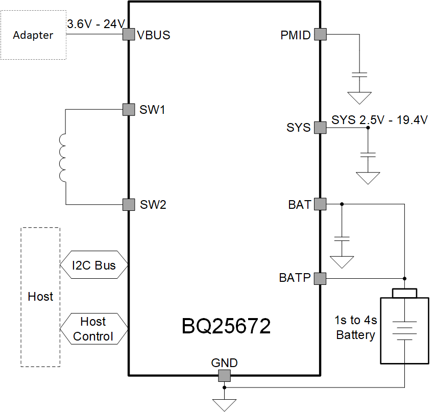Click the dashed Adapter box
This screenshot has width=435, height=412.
(33, 35)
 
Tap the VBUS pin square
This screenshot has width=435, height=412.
(128, 35)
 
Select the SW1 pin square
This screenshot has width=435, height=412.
(128, 109)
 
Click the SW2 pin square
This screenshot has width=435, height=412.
(128, 205)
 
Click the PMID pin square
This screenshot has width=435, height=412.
(320, 35)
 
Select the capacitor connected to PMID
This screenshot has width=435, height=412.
(360, 75)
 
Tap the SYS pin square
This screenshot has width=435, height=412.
(320, 128)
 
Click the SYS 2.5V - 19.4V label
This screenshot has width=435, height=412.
(379, 120)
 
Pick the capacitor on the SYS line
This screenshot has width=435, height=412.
(368, 154)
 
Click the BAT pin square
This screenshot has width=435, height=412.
(320, 204)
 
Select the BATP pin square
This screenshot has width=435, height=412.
(320, 278)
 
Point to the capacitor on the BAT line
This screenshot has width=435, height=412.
(342, 238)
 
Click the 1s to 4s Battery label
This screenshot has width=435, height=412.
(356, 328)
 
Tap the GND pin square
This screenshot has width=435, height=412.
(224, 376)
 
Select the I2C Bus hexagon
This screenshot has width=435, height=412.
(93, 265)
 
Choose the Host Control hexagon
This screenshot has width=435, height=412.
(93, 329)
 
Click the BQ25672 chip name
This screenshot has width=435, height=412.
(226, 326)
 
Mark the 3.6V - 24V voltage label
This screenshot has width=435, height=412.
(96, 23)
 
